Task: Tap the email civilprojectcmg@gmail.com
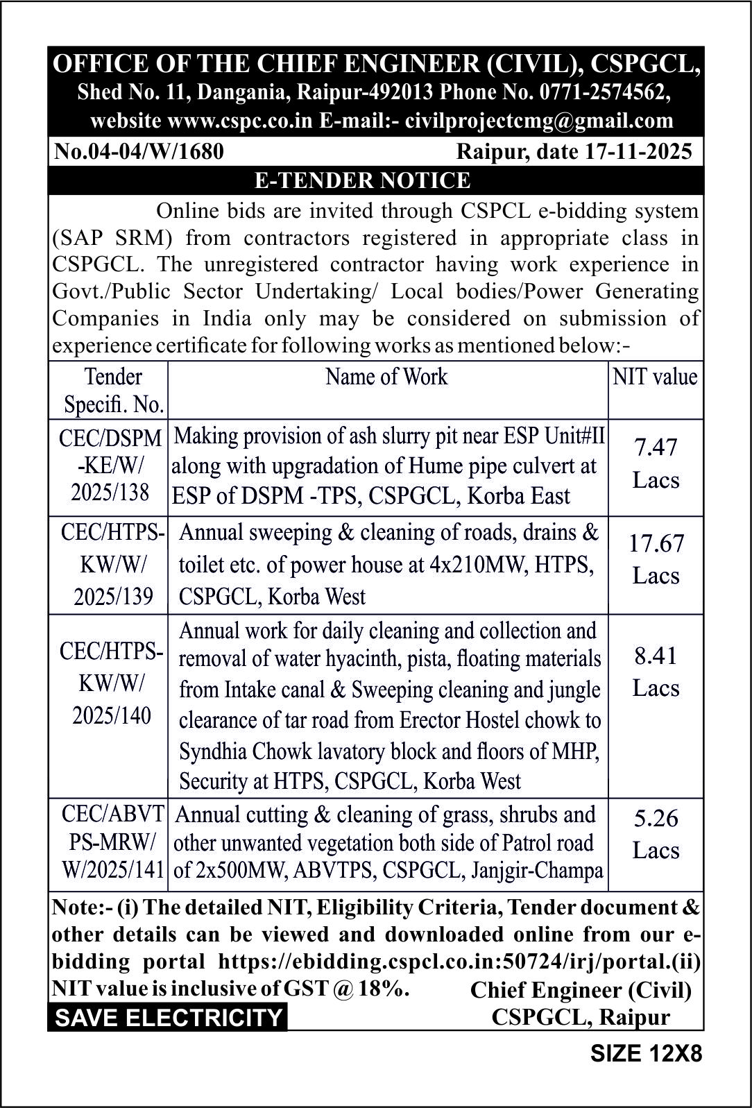(539, 120)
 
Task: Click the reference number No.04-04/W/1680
(139, 151)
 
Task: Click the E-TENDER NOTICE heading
(362, 180)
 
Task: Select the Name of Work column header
(386, 377)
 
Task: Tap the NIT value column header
(655, 377)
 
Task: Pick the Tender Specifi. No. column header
(113, 390)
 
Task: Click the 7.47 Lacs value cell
(656, 463)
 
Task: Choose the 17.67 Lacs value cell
(656, 559)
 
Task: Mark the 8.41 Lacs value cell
(656, 672)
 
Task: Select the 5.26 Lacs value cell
(656, 834)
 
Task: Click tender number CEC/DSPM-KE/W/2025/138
(111, 465)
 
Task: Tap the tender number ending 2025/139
(113, 564)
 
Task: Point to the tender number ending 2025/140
(112, 683)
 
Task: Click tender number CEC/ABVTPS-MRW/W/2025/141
(113, 842)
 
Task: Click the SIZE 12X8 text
(646, 1054)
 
